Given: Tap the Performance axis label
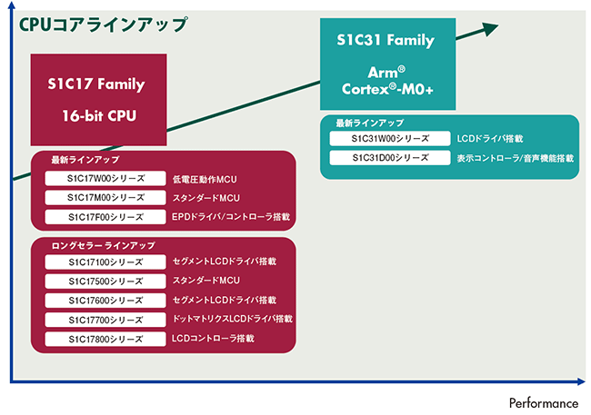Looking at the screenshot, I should coord(543,402).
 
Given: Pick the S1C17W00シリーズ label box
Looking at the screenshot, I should coord(105,178).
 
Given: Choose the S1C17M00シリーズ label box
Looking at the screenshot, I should coord(105,197).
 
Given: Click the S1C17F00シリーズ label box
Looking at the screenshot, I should coord(105,217).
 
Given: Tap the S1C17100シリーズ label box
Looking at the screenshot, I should coord(105,262).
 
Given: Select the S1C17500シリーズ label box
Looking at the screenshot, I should coord(105,281).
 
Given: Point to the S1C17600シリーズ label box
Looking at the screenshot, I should coord(105,301).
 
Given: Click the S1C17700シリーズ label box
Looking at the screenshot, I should coord(105,320).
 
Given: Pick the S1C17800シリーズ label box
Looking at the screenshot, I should coord(105,339).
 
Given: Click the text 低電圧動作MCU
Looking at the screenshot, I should coord(205,179).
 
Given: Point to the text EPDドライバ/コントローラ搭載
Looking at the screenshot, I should coord(231,217).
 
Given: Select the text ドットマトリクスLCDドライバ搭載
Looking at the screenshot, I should coord(233,320).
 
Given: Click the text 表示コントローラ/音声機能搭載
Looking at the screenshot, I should coord(516,158).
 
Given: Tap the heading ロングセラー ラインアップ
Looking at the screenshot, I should coord(103,245).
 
